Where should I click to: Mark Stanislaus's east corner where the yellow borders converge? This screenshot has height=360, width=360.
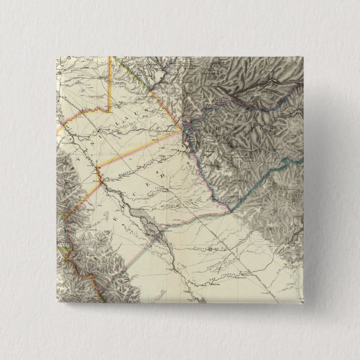[182, 129]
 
